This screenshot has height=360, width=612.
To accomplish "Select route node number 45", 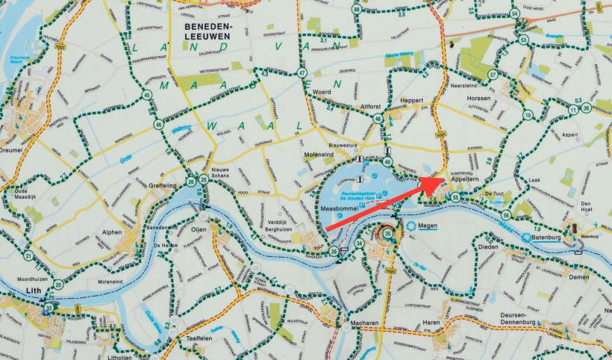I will pos(147,95).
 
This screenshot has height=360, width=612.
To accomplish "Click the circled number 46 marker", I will pos(159,125).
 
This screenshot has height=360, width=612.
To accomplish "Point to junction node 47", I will pos(302,73).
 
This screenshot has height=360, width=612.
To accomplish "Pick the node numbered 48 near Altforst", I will pos(378,119).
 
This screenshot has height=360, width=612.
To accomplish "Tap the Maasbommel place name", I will pos(340,208).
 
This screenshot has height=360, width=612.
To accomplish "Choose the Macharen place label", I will pos(363,323).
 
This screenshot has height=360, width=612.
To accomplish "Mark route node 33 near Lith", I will pos(49,308).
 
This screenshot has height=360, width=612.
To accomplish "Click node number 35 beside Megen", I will pos(387,234).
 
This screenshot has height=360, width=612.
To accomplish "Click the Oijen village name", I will pos(199,229).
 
